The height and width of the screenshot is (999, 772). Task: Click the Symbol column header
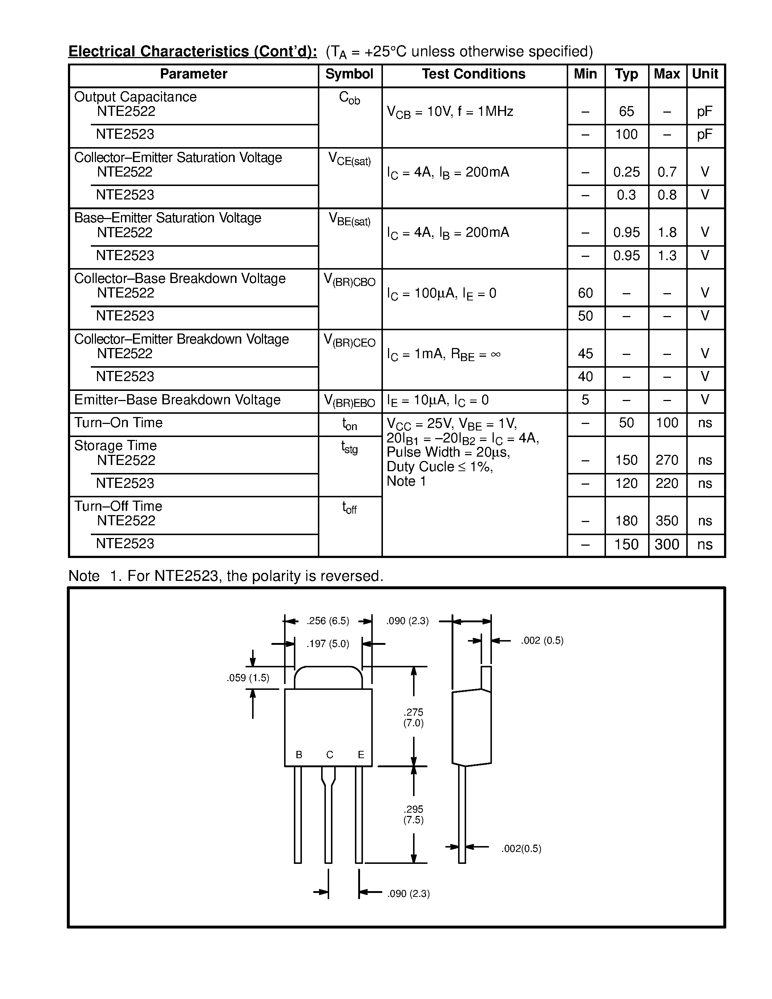(x=349, y=74)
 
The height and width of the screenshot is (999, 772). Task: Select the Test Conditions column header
(x=473, y=74)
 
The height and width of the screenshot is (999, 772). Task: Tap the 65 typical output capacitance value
(x=626, y=111)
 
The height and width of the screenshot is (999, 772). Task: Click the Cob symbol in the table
(x=349, y=98)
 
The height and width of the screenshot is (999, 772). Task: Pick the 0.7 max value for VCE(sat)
(x=667, y=172)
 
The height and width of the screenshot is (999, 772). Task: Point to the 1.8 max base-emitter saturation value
(x=667, y=232)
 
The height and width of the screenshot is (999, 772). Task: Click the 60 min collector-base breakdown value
(x=585, y=293)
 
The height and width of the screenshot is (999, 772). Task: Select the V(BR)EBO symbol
(x=349, y=401)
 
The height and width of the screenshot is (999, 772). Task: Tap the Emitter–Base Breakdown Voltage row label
(x=177, y=400)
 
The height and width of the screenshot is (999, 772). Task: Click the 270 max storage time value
(x=667, y=460)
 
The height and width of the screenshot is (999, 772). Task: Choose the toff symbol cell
(x=349, y=508)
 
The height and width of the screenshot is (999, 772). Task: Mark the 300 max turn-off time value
(x=667, y=544)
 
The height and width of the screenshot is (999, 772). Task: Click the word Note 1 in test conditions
(x=406, y=481)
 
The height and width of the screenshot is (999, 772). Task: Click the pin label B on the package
(x=299, y=755)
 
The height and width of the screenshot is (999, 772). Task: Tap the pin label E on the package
(x=361, y=755)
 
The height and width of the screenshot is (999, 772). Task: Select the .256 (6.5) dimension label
(x=328, y=621)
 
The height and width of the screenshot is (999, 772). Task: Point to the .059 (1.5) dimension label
(x=248, y=678)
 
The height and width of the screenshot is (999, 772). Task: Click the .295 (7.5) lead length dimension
(x=413, y=814)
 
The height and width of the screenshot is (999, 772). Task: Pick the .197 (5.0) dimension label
(x=328, y=644)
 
